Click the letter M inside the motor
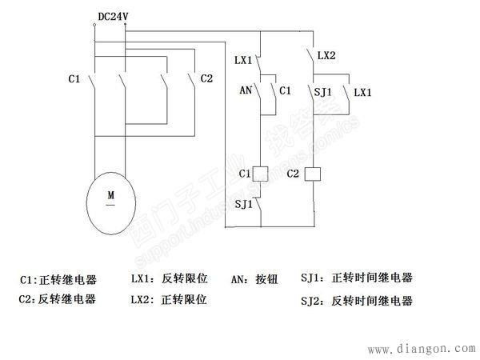coord(111,194)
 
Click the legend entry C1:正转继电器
coord(58,280)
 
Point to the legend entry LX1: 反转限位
coord(169,280)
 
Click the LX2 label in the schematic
coord(326,56)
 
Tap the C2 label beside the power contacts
coord(206,78)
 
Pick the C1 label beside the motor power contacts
coord(74,78)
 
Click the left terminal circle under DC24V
coord(94,26)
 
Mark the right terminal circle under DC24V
coord(125,26)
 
